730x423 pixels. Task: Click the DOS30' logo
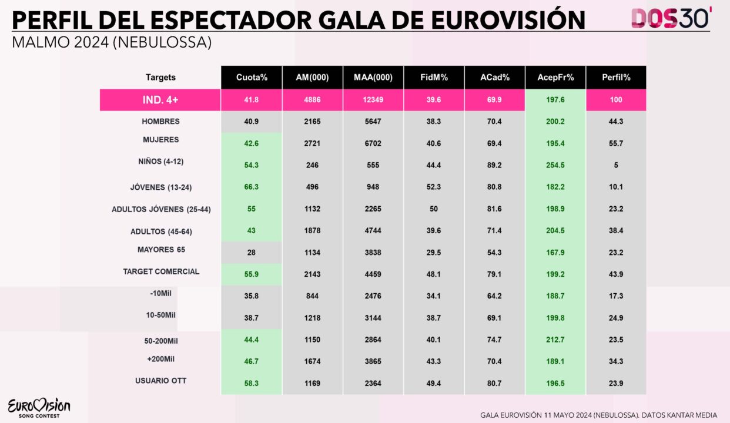tap(671, 18)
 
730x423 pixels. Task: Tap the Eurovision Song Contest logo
tap(39, 408)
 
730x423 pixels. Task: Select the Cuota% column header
tap(252, 78)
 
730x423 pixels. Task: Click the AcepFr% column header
tap(555, 78)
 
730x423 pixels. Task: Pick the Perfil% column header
tap(616, 78)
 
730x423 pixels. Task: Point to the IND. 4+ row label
tap(160, 100)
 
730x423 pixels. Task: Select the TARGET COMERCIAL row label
tap(161, 271)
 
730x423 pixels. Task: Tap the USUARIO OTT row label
tap(160, 381)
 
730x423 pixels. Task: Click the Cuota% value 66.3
tap(252, 187)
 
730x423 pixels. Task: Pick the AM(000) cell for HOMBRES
tap(312, 122)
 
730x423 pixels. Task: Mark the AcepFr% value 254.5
tap(555, 166)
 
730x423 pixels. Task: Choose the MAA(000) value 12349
tap(373, 100)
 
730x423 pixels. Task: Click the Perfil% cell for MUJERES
tap(616, 144)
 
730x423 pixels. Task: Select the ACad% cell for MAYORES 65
tap(494, 253)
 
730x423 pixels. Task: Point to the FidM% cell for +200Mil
tap(434, 362)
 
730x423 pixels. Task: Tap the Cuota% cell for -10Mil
tap(252, 297)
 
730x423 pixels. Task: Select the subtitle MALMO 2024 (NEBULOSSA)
tap(112, 43)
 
